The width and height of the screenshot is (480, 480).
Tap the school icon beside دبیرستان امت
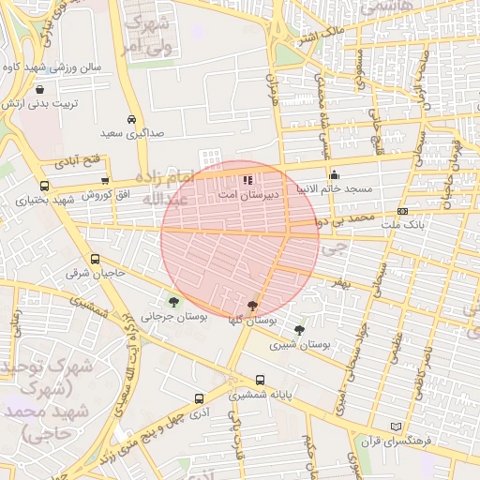247,179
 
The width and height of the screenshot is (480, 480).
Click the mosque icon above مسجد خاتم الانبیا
335,174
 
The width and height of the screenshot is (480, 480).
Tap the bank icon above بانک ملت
402,212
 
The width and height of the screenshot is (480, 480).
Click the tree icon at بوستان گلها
251,305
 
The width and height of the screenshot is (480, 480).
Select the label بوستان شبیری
301,345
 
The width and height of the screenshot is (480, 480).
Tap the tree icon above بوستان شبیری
299,330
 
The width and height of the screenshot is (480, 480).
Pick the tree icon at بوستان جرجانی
173,302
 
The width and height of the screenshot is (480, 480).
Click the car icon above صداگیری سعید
132,120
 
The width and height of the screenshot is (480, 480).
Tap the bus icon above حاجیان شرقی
95,259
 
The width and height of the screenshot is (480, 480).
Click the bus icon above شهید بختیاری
44,186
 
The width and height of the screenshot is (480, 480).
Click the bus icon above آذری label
198,397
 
